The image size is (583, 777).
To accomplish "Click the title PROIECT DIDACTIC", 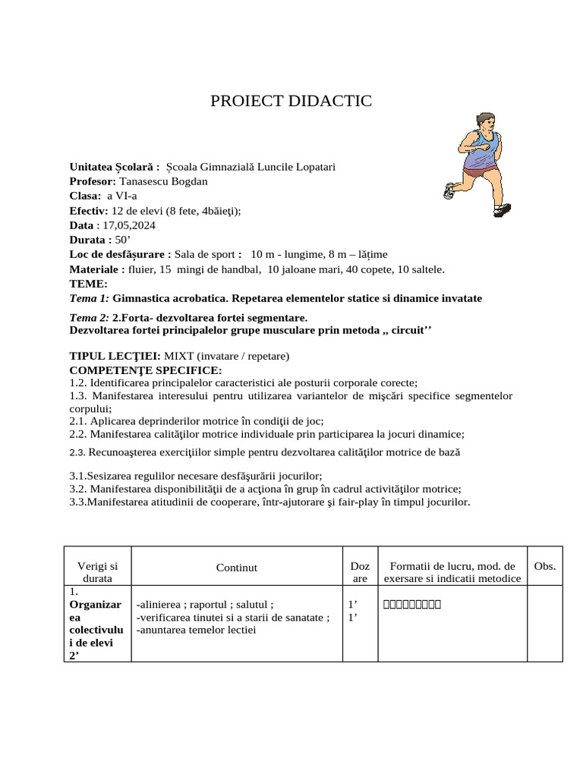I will (291, 101).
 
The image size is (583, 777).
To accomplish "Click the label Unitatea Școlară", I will (115, 167).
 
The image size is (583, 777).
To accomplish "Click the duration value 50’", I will (123, 240).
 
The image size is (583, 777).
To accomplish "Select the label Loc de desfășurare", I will (120, 254).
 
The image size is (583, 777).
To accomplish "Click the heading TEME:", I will (88, 283).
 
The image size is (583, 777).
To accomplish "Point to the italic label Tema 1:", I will (89, 298).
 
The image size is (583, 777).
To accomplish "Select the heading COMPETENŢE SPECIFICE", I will (146, 370).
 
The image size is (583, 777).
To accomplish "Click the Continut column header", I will (237, 568).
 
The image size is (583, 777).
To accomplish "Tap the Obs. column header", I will (544, 566).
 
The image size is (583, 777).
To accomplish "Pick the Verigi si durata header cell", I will (98, 572).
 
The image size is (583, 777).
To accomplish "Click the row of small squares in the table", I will (412, 605).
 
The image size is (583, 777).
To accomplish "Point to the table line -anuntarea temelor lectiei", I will (197, 630).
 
